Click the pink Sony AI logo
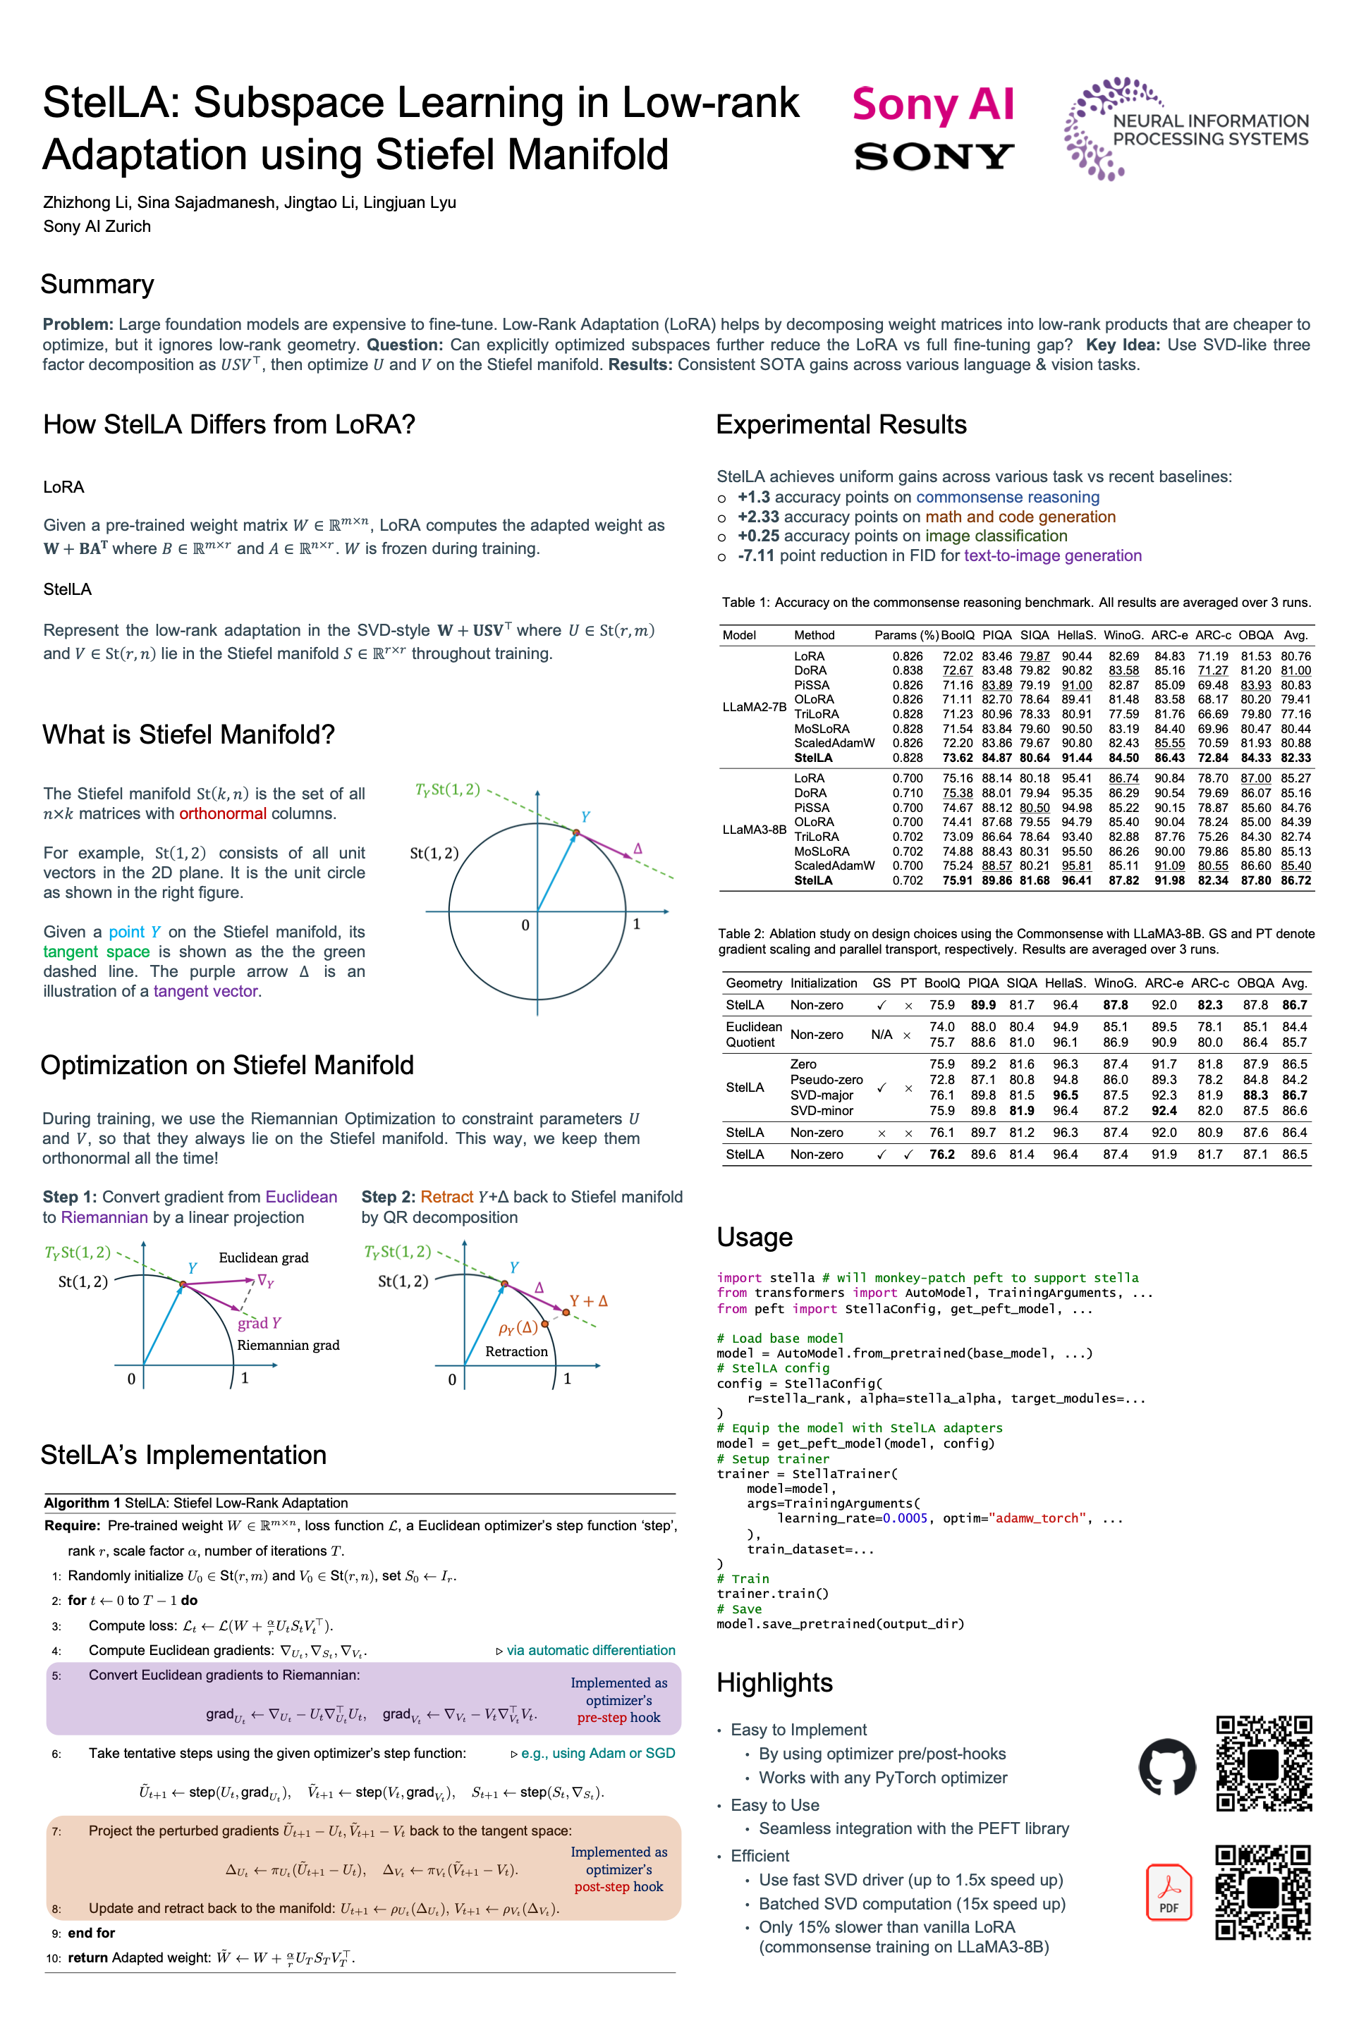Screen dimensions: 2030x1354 (x=932, y=105)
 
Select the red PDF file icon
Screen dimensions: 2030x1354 (x=1169, y=1893)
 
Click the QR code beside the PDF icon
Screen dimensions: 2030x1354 (x=1262, y=1892)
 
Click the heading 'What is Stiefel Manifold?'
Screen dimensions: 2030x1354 (x=188, y=734)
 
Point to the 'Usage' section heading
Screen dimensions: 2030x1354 (x=754, y=1237)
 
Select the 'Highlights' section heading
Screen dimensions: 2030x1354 (x=774, y=1683)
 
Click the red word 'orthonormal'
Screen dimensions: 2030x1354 (x=223, y=814)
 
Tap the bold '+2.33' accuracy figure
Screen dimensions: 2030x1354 (x=758, y=517)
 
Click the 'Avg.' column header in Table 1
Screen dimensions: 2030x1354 (x=1295, y=635)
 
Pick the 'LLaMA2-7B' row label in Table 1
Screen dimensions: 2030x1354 (x=754, y=707)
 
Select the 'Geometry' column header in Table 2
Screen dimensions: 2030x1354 (x=753, y=983)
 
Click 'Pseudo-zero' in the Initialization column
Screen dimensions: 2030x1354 (x=826, y=1080)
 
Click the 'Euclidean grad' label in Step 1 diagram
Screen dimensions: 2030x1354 (x=263, y=1257)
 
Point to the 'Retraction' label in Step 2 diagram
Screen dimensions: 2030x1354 (x=516, y=1352)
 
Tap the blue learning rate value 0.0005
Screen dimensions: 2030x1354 (x=905, y=1518)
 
